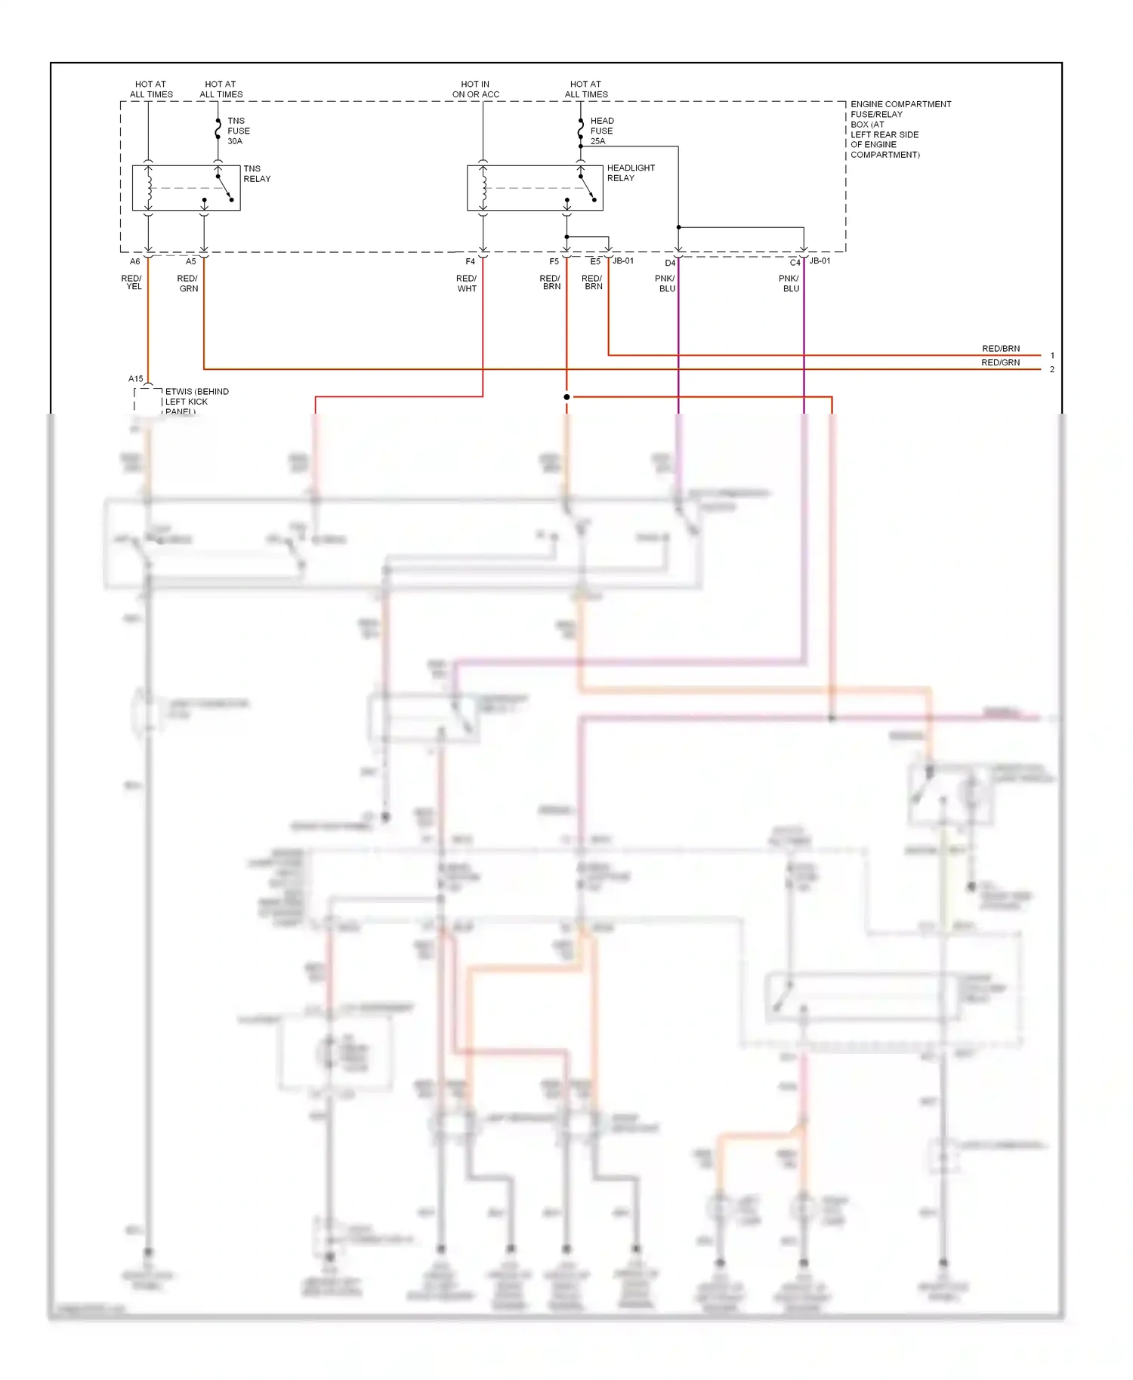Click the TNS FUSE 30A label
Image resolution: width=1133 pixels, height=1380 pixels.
coord(238,131)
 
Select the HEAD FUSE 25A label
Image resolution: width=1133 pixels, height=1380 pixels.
coord(601,131)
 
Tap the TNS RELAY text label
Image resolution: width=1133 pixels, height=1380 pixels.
coord(256,174)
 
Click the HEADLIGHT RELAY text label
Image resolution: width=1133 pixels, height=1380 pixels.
coord(630,173)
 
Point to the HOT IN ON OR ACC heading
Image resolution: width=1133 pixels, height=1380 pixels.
coord(475,89)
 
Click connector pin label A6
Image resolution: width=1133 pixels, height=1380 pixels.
coord(134,261)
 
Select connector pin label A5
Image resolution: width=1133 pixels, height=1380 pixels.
coord(190,261)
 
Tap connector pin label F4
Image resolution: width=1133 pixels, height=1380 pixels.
coord(470,261)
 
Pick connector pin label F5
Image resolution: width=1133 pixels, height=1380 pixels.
coord(554,261)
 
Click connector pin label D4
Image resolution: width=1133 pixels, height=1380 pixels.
coord(669,263)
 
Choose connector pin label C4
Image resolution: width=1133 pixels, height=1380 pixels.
coord(795,263)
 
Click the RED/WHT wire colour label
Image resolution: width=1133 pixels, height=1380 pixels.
coord(466,283)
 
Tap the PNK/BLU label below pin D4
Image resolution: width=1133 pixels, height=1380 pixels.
coord(665,283)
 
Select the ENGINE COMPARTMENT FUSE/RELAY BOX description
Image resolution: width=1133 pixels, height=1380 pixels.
coord(899,129)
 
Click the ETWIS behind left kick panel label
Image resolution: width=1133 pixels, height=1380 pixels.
coord(195,400)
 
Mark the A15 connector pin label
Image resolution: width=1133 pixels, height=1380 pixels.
coord(135,379)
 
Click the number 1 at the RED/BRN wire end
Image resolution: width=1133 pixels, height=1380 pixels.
coord(1052,356)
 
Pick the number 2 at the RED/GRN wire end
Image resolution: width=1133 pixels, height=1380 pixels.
coord(1052,370)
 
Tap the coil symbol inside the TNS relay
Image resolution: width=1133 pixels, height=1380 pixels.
coord(149,188)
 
